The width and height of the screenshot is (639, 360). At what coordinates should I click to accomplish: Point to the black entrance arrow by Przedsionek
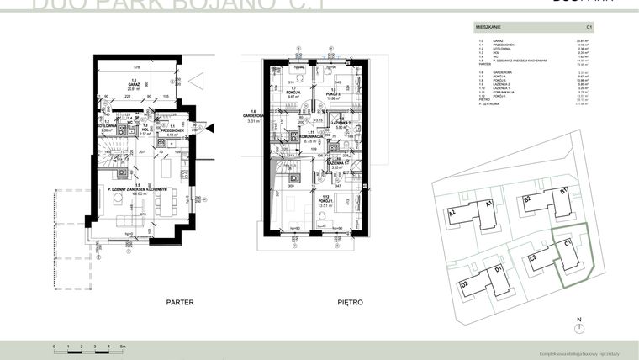[210, 129]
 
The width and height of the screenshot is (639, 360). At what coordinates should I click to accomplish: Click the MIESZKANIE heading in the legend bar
[490, 29]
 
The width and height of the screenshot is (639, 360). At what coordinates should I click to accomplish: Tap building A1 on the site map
[487, 204]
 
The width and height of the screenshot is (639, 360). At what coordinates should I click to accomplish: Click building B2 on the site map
[527, 201]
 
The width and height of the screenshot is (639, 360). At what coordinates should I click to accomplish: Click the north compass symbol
[579, 328]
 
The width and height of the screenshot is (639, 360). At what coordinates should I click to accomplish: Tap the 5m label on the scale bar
[123, 346]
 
